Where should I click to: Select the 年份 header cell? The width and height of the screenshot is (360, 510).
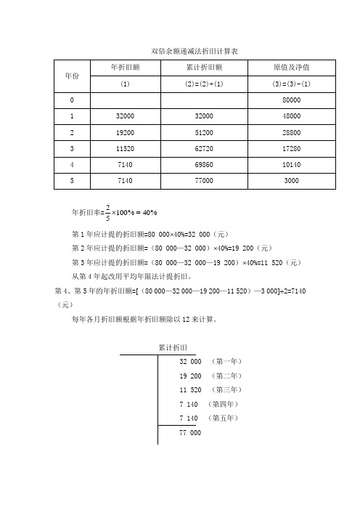tap(72, 76)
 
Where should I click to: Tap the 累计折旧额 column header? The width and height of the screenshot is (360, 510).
tap(204, 68)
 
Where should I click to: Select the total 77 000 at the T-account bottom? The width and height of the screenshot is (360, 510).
tap(189, 433)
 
